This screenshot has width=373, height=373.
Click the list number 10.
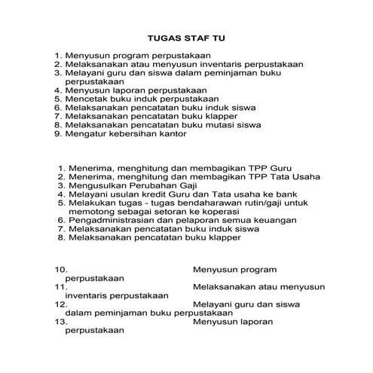61,269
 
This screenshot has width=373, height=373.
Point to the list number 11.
61,287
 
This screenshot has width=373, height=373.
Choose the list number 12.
61,304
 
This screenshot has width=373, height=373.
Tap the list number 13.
61,322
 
